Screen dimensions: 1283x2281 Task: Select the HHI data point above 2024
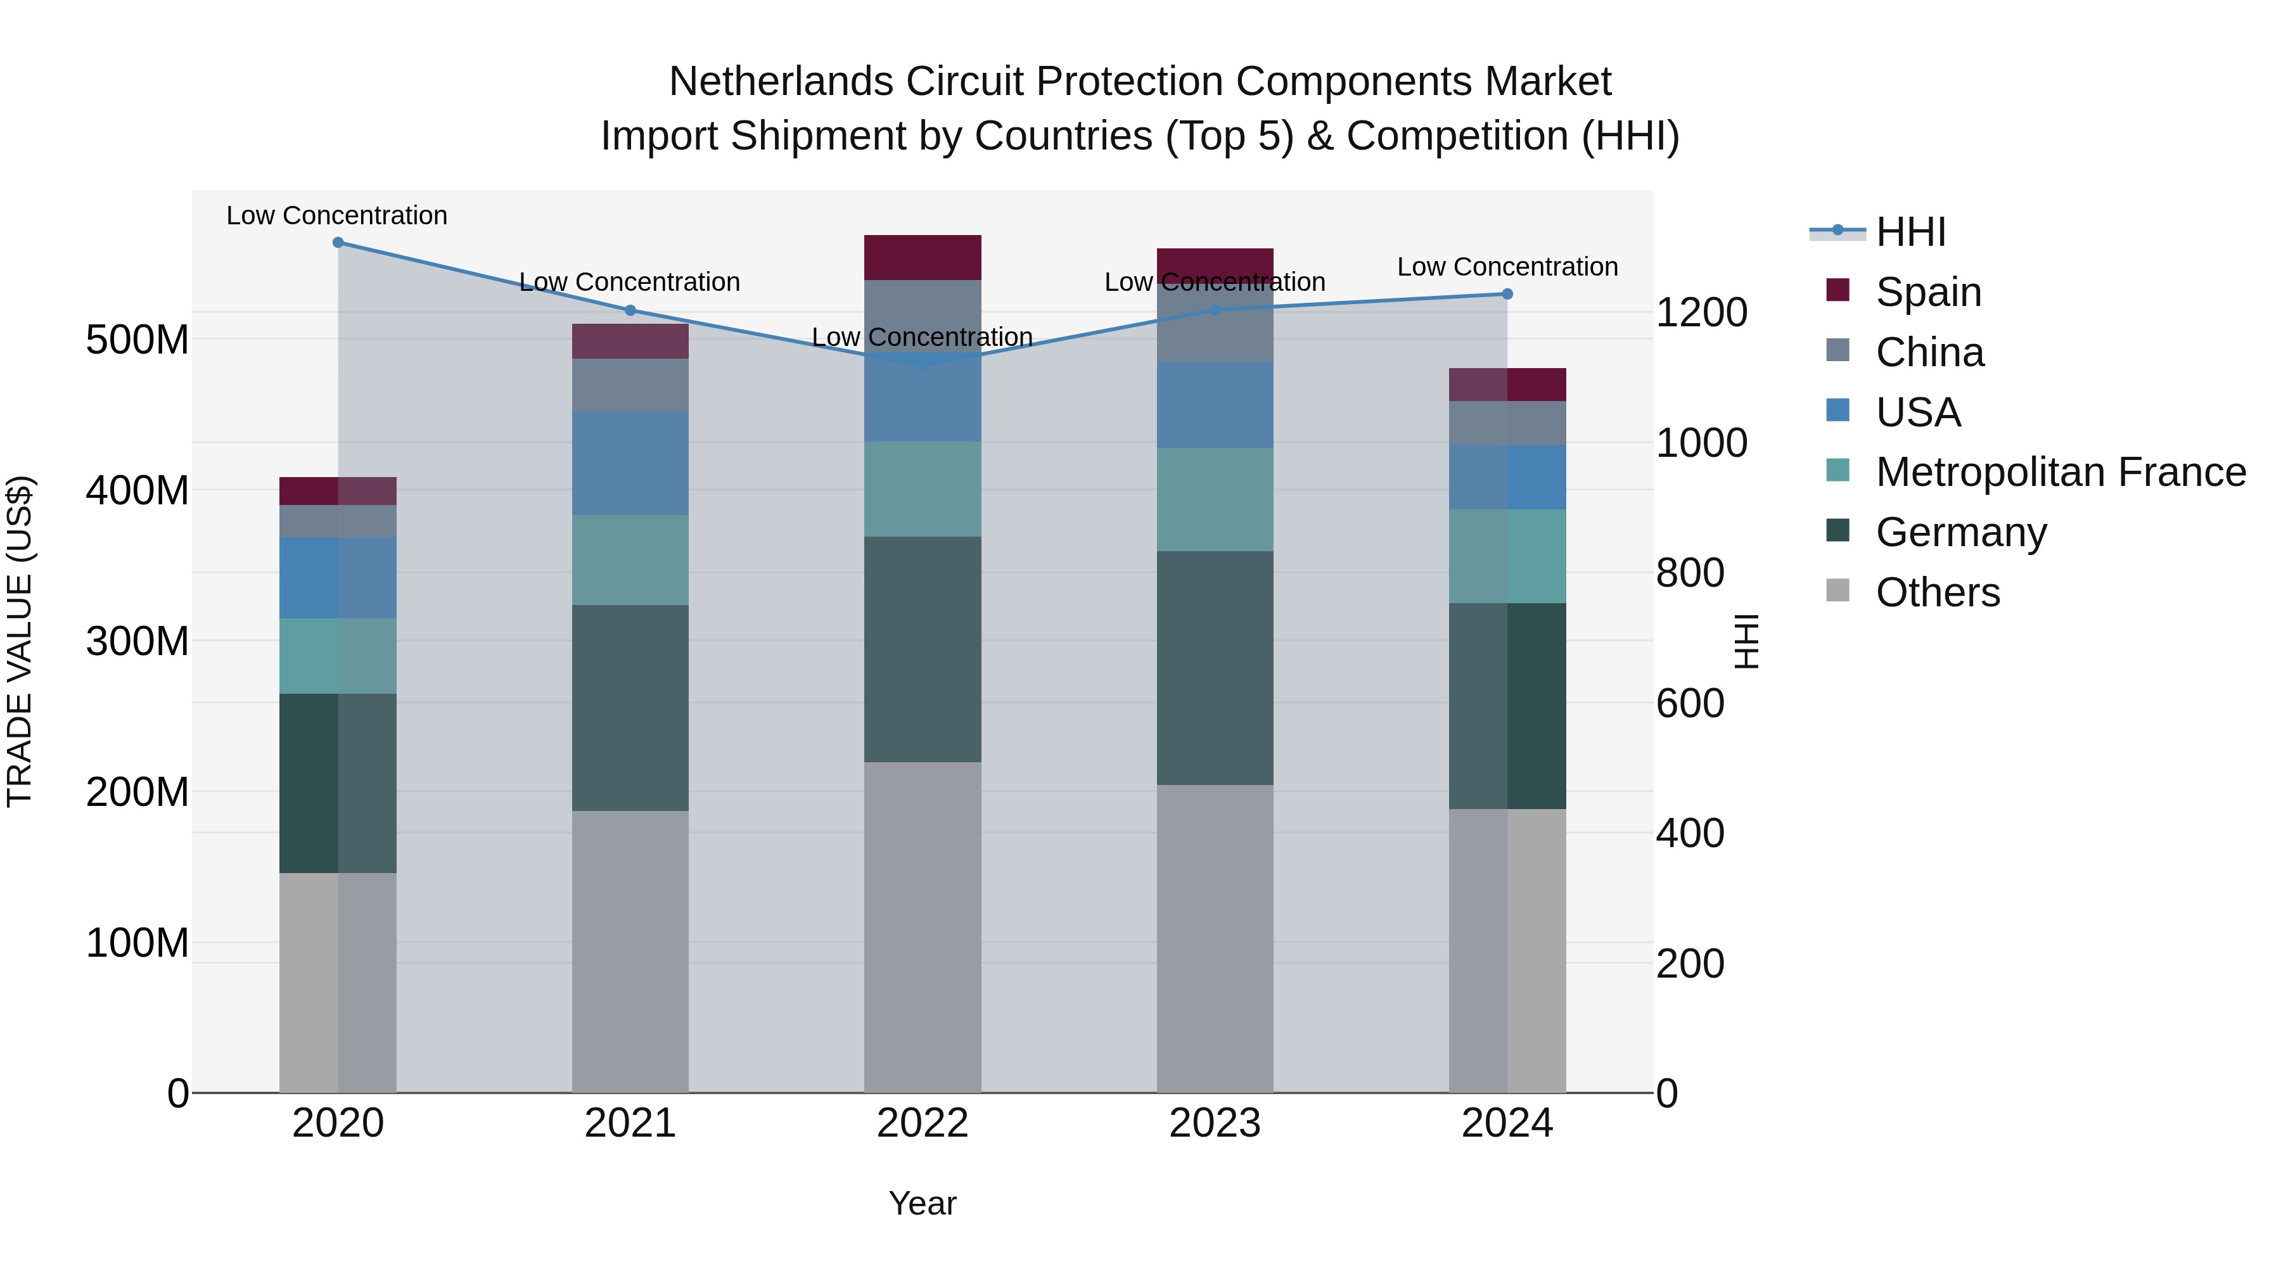click(x=1507, y=294)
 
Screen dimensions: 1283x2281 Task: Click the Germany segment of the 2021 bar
click(x=630, y=708)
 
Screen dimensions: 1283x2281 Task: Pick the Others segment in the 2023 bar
click(x=1214, y=938)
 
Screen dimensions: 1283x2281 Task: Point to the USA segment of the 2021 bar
click(x=630, y=463)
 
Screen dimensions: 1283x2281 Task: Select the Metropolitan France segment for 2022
click(x=922, y=488)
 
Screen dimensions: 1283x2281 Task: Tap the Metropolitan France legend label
click(x=2061, y=472)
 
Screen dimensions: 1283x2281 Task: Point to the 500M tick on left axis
click(x=137, y=340)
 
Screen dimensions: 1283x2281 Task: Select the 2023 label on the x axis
click(x=1214, y=1123)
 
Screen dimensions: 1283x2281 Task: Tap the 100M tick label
click(x=137, y=943)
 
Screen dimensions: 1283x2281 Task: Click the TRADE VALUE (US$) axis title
click(x=20, y=641)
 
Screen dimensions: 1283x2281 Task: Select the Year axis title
click(x=922, y=1203)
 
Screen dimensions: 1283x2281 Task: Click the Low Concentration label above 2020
click(x=336, y=215)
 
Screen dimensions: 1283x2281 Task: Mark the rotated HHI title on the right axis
click(x=1746, y=641)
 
